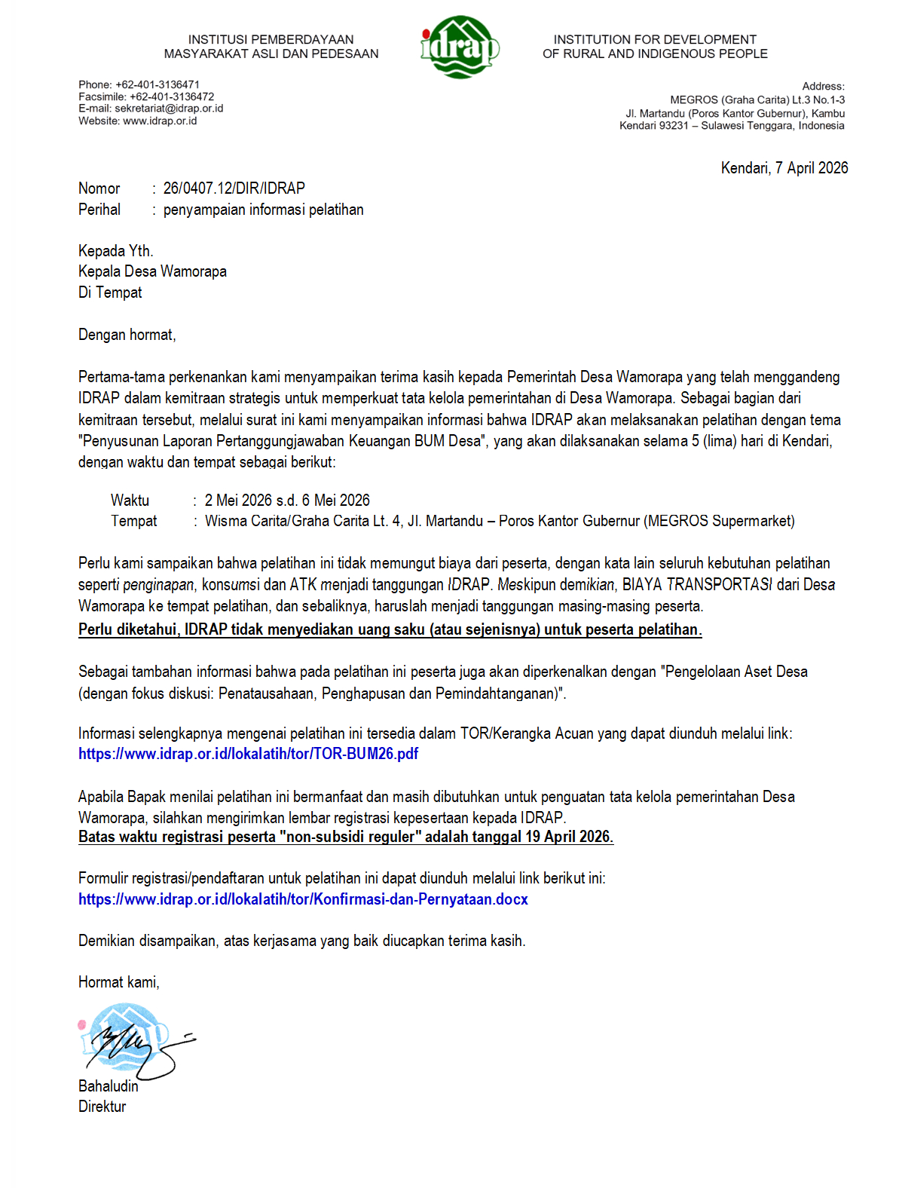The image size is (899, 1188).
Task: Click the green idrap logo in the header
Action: pos(459,47)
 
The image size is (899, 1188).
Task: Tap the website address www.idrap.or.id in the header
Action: pos(160,121)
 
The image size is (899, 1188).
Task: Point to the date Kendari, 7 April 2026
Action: pos(784,168)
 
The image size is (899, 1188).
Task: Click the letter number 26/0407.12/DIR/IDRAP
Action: pos(234,188)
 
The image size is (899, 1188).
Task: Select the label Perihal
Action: pos(99,210)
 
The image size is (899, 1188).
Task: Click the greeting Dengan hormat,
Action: pos(127,335)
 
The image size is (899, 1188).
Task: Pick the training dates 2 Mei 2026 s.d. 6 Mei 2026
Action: pos(287,501)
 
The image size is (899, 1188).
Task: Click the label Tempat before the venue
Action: pos(133,521)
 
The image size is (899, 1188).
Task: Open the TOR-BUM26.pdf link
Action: pos(248,754)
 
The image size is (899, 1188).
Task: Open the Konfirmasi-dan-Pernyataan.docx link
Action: pos(303,899)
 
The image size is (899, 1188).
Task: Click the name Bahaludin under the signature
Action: pos(109,1086)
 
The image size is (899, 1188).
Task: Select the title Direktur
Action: pos(102,1107)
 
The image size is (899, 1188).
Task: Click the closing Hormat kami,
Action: pos(118,982)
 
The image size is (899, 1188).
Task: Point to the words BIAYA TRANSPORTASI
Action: pos(696,585)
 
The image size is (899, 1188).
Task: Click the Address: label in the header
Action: pos(823,87)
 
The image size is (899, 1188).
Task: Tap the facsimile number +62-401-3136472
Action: pos(172,96)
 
